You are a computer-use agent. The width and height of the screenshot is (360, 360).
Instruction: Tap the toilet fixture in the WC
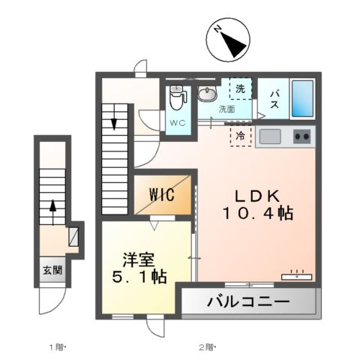click(177, 97)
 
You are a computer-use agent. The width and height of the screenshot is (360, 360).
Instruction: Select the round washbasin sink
click(206, 94)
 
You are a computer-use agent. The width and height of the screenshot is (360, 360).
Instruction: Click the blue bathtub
click(301, 100)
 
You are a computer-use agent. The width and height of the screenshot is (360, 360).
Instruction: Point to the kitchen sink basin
click(270, 137)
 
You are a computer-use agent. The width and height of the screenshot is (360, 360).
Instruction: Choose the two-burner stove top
click(303, 136)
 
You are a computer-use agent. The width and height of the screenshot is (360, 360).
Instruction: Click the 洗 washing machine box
click(241, 88)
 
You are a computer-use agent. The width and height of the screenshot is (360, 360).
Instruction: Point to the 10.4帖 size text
click(258, 213)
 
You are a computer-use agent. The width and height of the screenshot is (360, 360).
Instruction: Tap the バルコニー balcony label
click(247, 303)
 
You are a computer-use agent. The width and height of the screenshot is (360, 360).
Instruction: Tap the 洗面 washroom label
click(226, 109)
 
